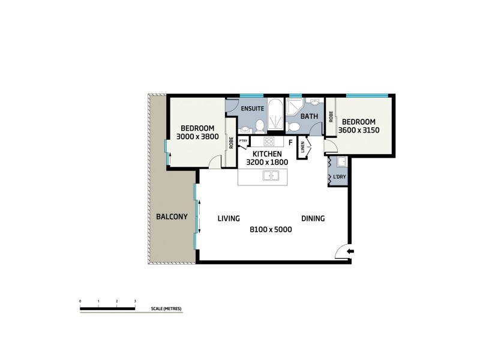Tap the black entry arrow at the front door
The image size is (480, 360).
(351, 251)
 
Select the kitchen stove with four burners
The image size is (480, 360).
(269, 143)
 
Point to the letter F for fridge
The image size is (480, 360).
(290, 143)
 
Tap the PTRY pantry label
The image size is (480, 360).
(243, 141)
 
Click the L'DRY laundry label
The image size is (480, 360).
(337, 178)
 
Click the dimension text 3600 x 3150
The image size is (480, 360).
(359, 130)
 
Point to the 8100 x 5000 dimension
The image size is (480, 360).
(271, 229)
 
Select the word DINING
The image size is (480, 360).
(313, 219)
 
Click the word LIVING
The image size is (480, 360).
(229, 218)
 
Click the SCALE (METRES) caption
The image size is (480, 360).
(166, 309)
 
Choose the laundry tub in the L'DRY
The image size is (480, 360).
(340, 163)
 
